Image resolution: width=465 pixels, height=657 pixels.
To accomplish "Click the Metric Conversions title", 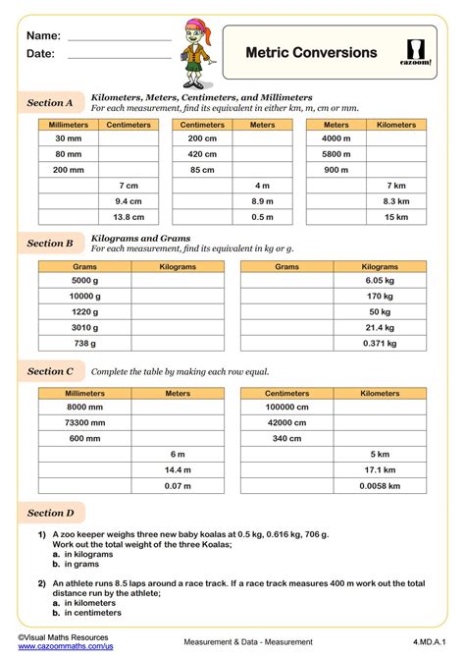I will point(310,52).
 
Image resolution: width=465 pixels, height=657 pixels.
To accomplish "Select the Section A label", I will point(50,102).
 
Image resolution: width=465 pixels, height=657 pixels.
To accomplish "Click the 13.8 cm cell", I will point(129,217).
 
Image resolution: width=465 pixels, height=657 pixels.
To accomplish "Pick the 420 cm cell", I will point(202,154).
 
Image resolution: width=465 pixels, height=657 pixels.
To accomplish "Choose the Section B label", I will point(50,243).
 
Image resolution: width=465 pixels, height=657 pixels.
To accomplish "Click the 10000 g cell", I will point(84,296).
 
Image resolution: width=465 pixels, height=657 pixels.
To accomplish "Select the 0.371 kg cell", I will point(380,344).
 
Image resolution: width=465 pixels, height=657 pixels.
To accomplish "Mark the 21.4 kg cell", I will point(380,328).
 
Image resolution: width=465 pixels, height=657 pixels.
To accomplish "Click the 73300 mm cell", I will point(84,422).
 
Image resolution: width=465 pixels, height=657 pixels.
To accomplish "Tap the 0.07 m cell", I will point(178,486).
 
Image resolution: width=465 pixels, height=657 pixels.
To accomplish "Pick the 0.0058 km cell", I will point(380,486).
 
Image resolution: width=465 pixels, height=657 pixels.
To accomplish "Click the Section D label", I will point(50,513).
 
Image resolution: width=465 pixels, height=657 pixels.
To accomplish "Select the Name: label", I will point(38,35).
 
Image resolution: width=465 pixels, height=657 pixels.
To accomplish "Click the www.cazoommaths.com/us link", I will point(65,646).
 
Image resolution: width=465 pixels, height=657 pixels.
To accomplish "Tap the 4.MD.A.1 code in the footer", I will point(426,641).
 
